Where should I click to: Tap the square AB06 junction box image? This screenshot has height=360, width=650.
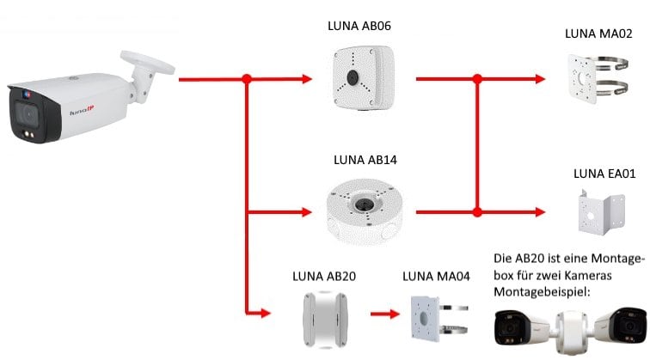click(353, 79)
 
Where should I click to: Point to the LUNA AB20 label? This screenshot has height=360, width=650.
click(324, 277)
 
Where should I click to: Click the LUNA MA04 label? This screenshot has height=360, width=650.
click(435, 277)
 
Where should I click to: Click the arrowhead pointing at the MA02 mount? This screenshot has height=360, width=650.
click(539, 79)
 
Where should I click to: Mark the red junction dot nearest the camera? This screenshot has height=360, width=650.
click(247, 79)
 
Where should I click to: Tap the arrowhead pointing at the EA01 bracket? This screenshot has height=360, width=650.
click(539, 211)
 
